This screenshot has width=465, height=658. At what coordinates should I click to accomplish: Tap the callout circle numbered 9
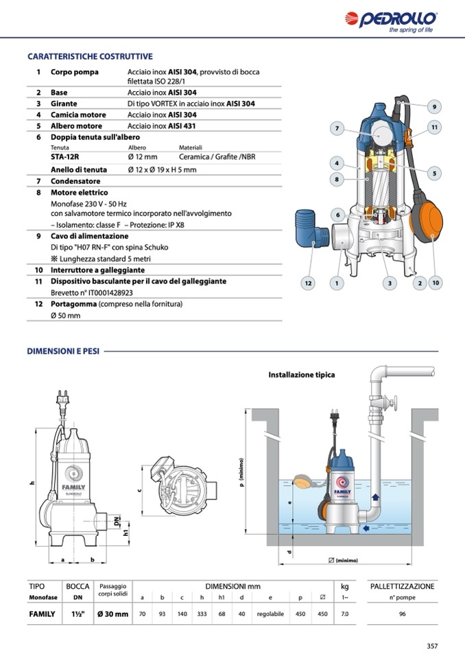434,106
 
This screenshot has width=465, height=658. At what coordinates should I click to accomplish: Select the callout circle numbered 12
309,283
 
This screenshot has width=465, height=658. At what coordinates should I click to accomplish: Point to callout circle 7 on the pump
337,128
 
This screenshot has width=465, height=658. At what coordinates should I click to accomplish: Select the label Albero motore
76,126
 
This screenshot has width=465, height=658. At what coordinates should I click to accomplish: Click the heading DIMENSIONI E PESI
63,351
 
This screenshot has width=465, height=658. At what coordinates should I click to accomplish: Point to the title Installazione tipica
301,375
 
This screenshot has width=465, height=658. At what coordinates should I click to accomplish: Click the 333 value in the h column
202,614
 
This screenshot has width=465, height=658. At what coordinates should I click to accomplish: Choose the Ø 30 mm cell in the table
112,614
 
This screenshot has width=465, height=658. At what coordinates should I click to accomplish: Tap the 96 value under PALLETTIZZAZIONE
402,614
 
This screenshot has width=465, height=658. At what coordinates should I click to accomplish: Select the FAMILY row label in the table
42,614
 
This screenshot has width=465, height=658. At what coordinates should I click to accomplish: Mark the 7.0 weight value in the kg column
344,614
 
